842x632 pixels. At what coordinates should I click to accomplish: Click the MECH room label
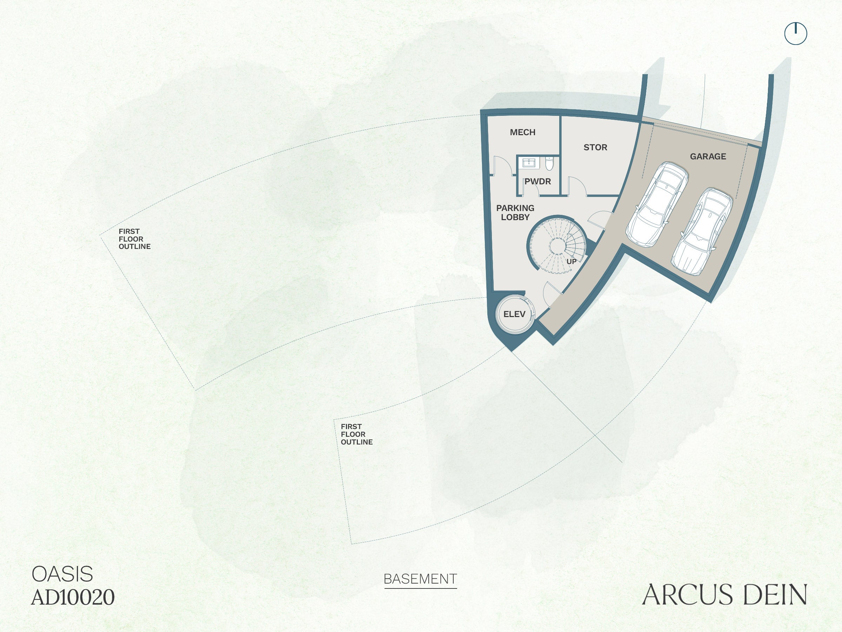click(523, 132)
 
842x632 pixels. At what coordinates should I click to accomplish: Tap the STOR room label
click(595, 147)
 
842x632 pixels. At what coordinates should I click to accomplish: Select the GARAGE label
click(708, 157)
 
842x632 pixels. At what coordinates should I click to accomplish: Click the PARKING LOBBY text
click(515, 212)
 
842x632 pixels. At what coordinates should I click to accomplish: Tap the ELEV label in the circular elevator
click(514, 314)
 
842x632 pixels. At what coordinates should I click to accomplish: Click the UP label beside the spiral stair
click(572, 262)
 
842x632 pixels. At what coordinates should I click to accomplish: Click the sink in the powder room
click(529, 163)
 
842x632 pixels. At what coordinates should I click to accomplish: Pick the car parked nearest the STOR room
click(657, 204)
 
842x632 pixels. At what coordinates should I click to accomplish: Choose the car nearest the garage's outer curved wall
click(702, 232)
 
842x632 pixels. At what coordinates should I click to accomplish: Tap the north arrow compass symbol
click(796, 33)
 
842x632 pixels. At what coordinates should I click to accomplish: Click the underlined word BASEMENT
click(420, 579)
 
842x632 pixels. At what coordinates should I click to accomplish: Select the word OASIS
click(62, 574)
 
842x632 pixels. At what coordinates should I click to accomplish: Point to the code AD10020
click(73, 597)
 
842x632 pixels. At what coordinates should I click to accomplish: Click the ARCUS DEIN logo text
click(724, 594)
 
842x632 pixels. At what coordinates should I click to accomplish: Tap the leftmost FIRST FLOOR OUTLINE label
click(134, 239)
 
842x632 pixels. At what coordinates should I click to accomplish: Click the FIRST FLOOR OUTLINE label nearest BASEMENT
click(357, 434)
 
